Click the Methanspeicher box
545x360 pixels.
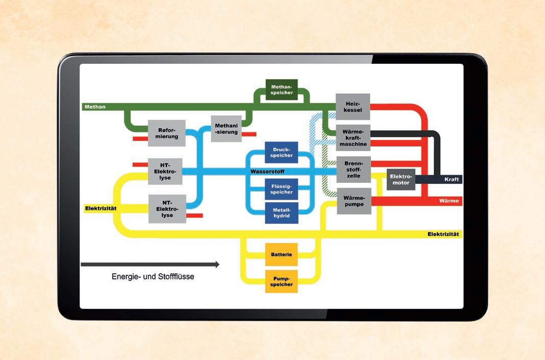(x=281, y=89)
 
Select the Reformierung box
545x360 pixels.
(x=167, y=133)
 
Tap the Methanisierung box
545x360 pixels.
(x=226, y=129)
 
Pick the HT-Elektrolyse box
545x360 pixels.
(x=165, y=172)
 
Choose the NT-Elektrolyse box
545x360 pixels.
(x=165, y=208)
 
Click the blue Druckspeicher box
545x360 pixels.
(x=281, y=152)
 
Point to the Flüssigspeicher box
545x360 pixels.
(x=281, y=189)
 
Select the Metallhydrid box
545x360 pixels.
(x=281, y=213)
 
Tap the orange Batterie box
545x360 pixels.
(x=281, y=254)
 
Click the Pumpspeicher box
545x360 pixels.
(x=281, y=281)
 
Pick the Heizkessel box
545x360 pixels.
(x=353, y=107)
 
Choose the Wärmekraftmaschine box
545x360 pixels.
(x=353, y=137)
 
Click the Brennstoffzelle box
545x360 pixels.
(x=353, y=169)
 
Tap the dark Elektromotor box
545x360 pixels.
(x=401, y=179)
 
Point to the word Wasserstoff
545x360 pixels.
(x=267, y=171)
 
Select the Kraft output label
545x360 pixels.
(x=452, y=179)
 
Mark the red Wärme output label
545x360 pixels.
(x=449, y=201)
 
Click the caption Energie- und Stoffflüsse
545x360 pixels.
(x=153, y=277)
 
